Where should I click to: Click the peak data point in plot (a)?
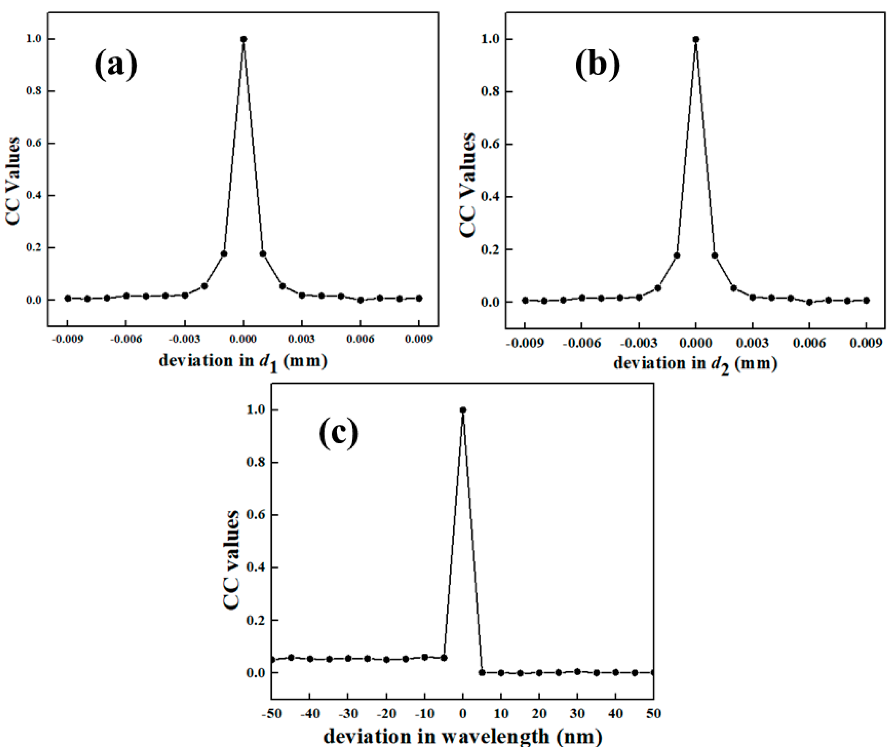(x=243, y=39)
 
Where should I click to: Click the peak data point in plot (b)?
(x=696, y=39)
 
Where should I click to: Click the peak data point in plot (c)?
(x=463, y=410)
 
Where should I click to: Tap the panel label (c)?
(x=339, y=434)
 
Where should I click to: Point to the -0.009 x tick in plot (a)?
(x=67, y=339)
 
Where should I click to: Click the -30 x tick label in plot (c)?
(x=348, y=714)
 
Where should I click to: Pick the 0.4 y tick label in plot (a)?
(x=34, y=195)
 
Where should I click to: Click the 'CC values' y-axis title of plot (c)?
(x=231, y=559)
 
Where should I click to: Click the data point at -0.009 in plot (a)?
(x=67, y=298)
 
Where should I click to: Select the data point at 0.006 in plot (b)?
(x=809, y=302)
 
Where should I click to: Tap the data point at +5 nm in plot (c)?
(x=482, y=672)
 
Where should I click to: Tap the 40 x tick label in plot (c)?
(x=616, y=714)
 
